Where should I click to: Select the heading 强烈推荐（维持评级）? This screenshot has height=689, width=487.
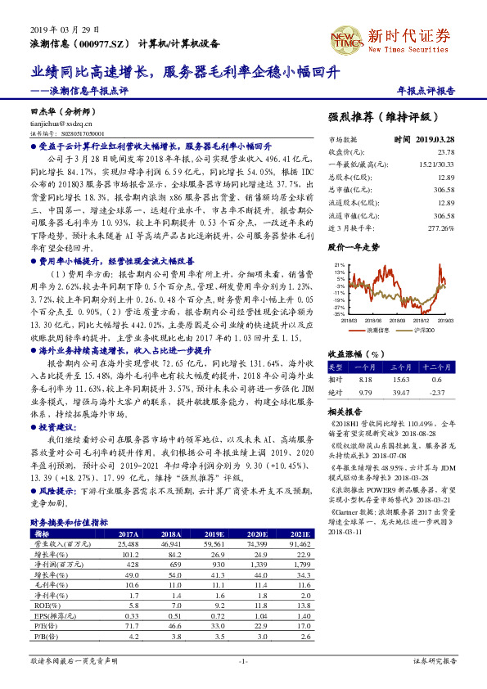coord(382,117)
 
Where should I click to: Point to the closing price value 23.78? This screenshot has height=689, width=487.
coord(446,152)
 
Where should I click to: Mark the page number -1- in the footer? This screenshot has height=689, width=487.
coord(243,660)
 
